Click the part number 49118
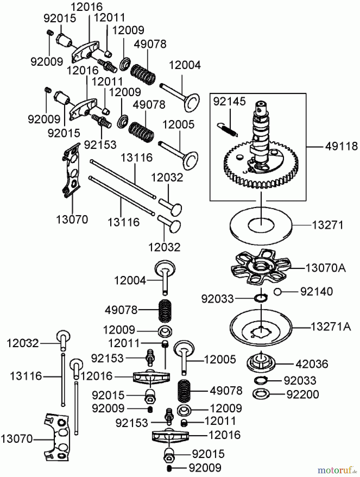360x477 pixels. tap(341, 146)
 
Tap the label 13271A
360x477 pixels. tap(331, 327)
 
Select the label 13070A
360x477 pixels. tap(326, 268)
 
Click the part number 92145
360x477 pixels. tap(229, 101)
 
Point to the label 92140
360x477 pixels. tap(316, 291)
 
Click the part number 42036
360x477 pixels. tap(312, 364)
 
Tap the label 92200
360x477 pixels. tap(303, 394)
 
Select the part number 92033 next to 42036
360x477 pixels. tap(300, 381)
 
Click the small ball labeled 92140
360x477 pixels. tap(277, 292)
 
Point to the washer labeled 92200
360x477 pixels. tap(261, 394)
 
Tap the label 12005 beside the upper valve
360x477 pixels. tap(178, 124)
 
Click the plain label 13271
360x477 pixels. tap(327, 225)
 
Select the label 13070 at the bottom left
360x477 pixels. tap(16, 439)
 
